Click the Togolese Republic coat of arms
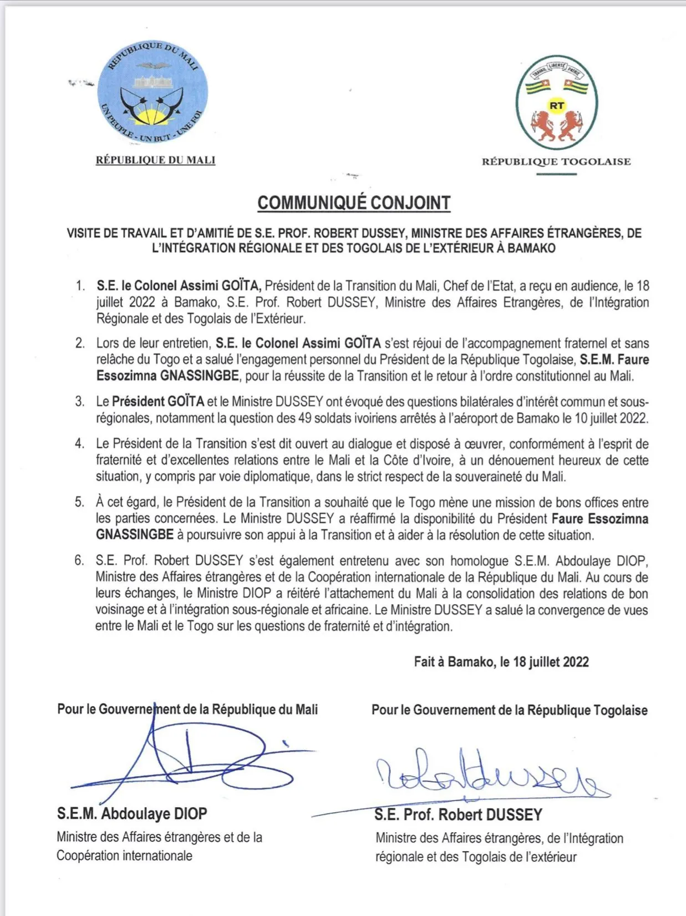tap(557, 103)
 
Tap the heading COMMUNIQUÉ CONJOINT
tap(354, 203)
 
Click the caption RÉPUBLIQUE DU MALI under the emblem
tap(155, 160)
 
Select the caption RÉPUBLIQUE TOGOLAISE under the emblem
tap(556, 162)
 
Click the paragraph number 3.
tap(80, 402)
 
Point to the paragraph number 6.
tap(80, 561)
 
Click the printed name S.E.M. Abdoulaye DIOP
tap(132, 814)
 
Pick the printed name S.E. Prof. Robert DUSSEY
tap(458, 815)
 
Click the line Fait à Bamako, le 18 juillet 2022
tap(501, 662)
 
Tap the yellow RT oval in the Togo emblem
tap(557, 105)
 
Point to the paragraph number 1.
tap(81, 286)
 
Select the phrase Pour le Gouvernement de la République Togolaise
tap(509, 710)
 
